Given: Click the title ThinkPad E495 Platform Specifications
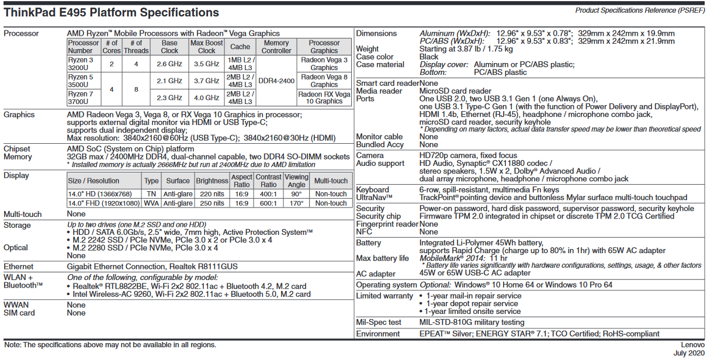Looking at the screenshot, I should coord(111,12).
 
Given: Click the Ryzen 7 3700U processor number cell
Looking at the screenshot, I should coord(81,98).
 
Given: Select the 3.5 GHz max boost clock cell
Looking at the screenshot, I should coord(206,64).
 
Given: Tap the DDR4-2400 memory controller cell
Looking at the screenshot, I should coord(276,81).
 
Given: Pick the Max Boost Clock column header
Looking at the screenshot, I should coord(206,47).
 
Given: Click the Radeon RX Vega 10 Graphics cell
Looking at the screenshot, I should coord(324,98).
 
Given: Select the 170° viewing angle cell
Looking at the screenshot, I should coord(296,203).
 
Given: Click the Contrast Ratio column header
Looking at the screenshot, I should coord(269,181).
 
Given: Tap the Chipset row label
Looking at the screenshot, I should coord(17,149).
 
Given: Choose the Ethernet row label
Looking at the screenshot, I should coord(19,266).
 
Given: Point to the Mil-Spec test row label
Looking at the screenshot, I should coord(379,322).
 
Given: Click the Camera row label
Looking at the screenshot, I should coord(370,155).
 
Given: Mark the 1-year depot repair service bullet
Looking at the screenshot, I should coord(472,304).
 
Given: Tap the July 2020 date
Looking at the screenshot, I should coord(688,354).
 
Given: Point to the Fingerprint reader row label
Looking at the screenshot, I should coord(387,224).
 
